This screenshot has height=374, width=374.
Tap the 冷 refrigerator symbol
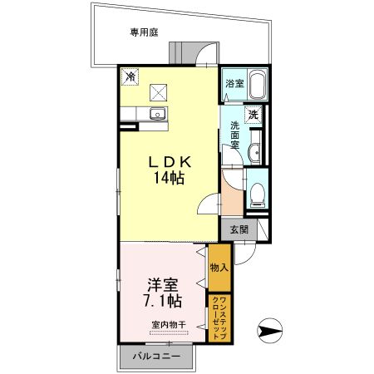point(131,76)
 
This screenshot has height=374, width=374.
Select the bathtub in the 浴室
point(257,83)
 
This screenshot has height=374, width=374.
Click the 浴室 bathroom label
point(234,84)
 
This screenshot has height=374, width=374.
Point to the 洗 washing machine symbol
point(253,116)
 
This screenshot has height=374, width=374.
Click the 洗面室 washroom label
point(234,137)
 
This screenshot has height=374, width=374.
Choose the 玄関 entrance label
point(239,229)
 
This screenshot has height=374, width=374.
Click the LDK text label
point(171,160)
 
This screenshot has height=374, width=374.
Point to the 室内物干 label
point(169,323)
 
